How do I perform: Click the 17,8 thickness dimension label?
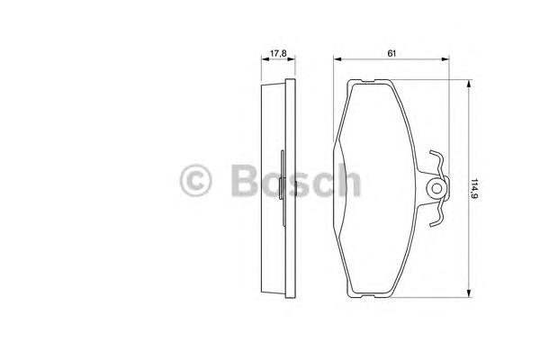click(278, 53)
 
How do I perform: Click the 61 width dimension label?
click(391, 53)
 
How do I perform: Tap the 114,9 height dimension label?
click(475, 190)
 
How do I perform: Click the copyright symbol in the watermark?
click(195, 181)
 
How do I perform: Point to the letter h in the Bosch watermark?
click(349, 179)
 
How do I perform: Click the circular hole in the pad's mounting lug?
click(436, 188)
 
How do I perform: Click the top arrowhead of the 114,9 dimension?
click(468, 84)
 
